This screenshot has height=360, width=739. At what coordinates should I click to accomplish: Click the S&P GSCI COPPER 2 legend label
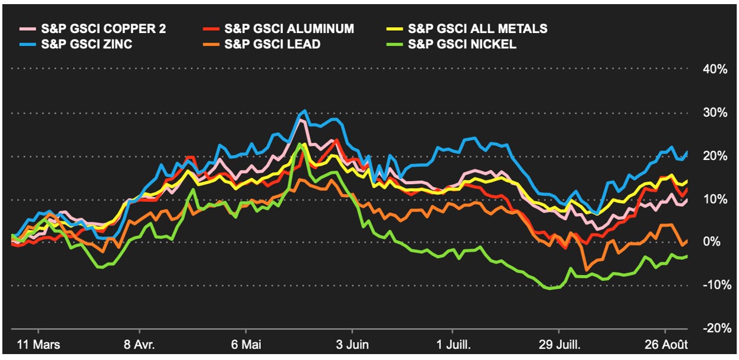pos(103,28)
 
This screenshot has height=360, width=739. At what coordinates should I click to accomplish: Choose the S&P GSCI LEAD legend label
pos(272,44)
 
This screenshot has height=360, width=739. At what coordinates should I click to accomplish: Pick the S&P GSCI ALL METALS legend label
pos(478,28)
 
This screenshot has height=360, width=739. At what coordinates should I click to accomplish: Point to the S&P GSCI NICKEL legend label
pos(462,44)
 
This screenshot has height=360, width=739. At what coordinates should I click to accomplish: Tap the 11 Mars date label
pos(38,344)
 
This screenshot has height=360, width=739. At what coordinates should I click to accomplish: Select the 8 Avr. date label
pos(139,344)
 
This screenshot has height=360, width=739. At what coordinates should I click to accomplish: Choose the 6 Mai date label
pos(246,344)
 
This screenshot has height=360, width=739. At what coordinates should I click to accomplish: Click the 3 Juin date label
pos(352,344)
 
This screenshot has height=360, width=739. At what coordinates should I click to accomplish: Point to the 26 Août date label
pos(665,344)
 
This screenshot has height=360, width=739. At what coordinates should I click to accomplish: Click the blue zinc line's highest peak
pos(305,110)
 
